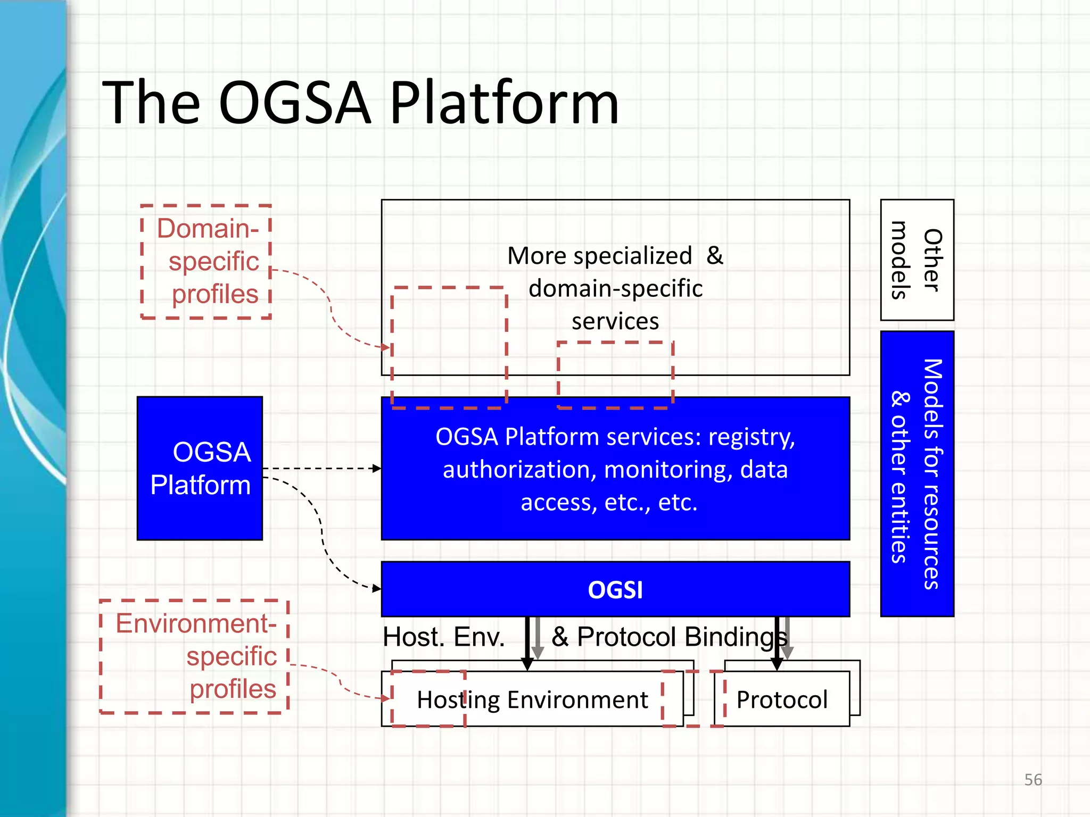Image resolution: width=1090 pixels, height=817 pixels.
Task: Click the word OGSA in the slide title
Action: point(294,103)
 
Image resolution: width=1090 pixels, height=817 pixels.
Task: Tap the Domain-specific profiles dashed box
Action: point(207,261)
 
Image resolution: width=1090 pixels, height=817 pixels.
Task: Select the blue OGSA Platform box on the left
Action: point(200,468)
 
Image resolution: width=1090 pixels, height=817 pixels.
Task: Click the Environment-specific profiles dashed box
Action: point(195,656)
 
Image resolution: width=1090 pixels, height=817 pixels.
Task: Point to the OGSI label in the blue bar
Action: point(615,590)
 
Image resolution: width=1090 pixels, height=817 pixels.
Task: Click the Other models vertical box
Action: point(916,260)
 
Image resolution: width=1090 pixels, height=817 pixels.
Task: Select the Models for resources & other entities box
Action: point(916,473)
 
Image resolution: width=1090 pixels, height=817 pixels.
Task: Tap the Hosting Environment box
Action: point(532,699)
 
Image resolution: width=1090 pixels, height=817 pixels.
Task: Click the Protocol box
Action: point(781,699)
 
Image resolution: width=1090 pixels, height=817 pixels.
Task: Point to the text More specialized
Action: point(599,256)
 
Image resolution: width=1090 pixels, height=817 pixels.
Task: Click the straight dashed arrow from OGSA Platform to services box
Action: point(322,469)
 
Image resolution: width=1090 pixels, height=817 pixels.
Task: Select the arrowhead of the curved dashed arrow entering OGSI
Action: point(376,588)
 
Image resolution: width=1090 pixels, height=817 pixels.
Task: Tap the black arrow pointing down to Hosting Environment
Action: point(527,644)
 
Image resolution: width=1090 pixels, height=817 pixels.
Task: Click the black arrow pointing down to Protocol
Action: point(777,644)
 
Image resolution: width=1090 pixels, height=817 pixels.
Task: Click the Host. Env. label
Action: point(443,637)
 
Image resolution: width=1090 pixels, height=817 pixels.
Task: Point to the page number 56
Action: point(1033,780)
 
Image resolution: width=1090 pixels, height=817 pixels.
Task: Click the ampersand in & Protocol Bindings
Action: point(560,637)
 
